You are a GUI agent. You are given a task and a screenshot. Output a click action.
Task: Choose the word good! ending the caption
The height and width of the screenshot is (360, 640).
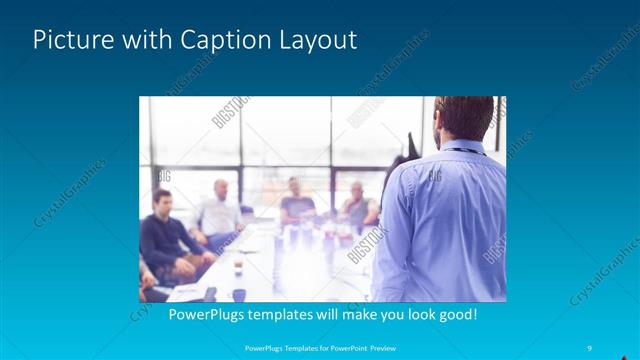[x=455, y=314]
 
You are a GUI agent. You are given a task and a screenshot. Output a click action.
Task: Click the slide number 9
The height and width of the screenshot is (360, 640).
[x=590, y=347]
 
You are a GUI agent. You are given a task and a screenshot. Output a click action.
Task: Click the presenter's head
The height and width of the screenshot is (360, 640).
[x=464, y=116]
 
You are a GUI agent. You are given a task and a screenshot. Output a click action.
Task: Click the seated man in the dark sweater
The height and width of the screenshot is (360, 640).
[x=161, y=235]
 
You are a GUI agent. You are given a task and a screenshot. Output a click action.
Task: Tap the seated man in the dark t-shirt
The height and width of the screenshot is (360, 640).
[x=296, y=202]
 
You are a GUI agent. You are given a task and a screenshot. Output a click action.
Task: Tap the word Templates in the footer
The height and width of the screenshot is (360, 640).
[x=289, y=347]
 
